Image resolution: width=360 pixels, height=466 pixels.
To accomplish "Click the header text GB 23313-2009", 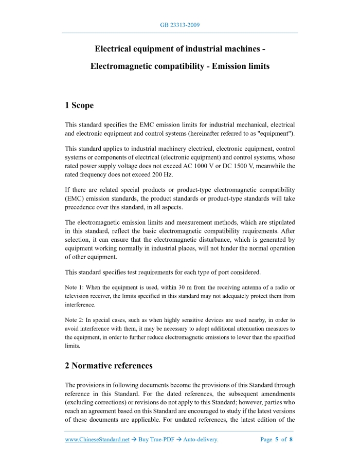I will pyautogui.click(x=179, y=25).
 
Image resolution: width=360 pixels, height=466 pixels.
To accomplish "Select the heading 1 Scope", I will pyautogui.click(x=79, y=105).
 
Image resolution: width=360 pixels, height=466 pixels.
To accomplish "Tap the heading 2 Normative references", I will pyautogui.click(x=109, y=366).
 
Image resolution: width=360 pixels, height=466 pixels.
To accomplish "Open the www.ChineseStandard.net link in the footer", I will pyautogui.click(x=97, y=439).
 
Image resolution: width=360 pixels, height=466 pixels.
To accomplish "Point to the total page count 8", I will pyautogui.click(x=291, y=439).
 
